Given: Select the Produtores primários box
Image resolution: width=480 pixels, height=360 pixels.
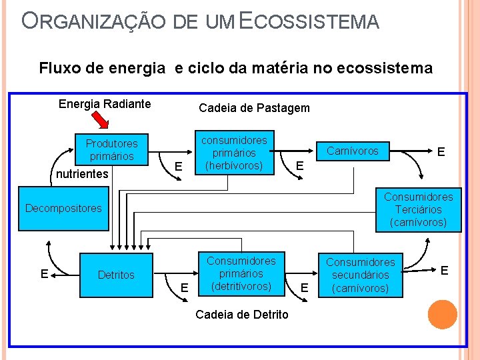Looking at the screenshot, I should (111, 150).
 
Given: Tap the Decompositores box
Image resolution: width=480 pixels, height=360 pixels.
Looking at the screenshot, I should (63, 208).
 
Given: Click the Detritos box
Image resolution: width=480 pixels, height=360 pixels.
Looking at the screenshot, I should (116, 275).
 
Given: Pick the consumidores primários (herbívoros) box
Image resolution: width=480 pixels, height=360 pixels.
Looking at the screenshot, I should (234, 153).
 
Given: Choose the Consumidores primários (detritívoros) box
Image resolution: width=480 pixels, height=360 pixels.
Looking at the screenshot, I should (241, 273).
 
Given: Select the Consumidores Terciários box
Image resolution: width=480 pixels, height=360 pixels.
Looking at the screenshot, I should (418, 209).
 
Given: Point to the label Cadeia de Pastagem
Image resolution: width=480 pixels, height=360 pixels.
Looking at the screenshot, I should (254, 108).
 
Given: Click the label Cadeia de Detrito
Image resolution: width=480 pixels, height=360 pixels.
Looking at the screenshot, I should (242, 314).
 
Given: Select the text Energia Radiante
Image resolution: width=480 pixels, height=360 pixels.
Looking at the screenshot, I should (105, 103).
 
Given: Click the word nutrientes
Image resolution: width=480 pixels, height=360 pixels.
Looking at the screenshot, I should (81, 174).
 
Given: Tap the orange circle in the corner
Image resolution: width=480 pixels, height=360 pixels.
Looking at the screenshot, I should (442, 315).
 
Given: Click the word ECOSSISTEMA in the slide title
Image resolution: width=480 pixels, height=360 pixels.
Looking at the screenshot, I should (309, 21).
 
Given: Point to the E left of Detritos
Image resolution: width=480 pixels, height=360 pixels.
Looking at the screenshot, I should (43, 273).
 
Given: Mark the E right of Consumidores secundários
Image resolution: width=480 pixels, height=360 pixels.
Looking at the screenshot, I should (445, 270).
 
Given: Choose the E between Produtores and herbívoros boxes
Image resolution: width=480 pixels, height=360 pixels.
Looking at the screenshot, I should (177, 166).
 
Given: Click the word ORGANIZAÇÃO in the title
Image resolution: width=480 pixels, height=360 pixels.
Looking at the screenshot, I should (93, 21).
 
